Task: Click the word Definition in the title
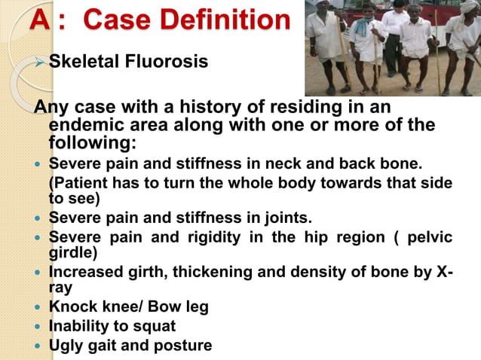click(225, 20)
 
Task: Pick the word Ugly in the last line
click(67, 346)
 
